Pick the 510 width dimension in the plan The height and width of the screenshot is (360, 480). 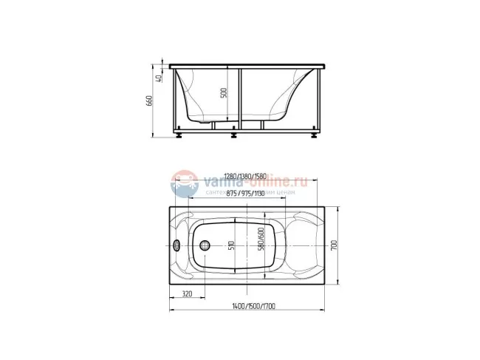tap(230, 245)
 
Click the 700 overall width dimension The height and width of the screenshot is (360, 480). tap(335, 245)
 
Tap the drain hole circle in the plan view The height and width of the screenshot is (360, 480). tap(205, 246)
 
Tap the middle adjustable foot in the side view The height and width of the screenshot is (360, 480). tap(234, 135)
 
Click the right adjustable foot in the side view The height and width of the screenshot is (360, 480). tap(316, 135)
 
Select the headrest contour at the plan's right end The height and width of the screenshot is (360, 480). tap(303, 245)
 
